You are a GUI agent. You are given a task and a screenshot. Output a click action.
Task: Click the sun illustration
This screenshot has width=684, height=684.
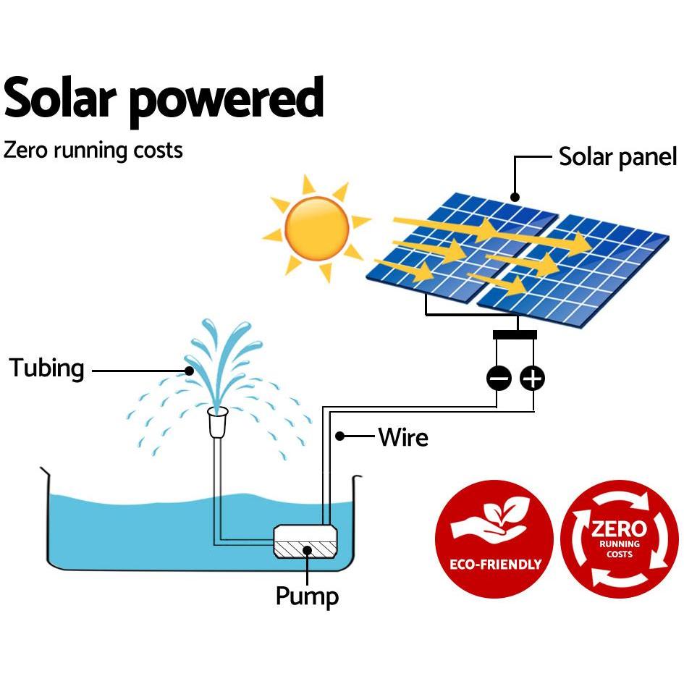(x=317, y=229)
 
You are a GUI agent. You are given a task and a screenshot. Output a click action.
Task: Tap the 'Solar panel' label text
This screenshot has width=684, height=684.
(x=617, y=156)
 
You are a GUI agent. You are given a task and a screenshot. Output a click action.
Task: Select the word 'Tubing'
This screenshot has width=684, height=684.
(x=46, y=368)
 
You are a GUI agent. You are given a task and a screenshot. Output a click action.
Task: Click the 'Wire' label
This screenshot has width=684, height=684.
(x=403, y=437)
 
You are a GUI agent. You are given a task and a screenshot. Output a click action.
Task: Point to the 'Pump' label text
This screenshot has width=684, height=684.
(x=307, y=596)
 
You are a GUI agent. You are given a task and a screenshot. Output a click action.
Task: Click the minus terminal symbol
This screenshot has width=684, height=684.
(x=499, y=378)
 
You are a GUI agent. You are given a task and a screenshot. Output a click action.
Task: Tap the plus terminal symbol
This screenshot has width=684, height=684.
(x=532, y=378)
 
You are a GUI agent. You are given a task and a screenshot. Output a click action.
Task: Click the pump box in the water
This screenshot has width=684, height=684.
(x=305, y=542)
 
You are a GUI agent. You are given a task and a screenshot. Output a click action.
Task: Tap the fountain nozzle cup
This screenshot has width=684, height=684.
(x=218, y=422)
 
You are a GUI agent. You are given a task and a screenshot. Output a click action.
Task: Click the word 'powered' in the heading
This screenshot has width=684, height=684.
(x=227, y=101)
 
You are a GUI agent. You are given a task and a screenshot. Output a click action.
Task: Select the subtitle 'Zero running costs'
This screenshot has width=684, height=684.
(x=93, y=151)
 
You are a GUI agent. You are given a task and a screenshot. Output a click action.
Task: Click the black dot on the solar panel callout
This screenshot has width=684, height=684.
(x=515, y=197)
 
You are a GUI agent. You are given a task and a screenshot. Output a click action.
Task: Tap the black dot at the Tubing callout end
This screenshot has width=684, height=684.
(x=189, y=371)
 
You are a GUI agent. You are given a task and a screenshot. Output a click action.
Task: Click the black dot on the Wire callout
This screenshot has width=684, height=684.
(x=339, y=436)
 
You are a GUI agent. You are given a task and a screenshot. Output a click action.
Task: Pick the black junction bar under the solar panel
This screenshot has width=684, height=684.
(x=515, y=334)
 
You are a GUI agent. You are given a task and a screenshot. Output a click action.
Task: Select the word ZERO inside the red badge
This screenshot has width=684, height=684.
(x=619, y=528)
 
